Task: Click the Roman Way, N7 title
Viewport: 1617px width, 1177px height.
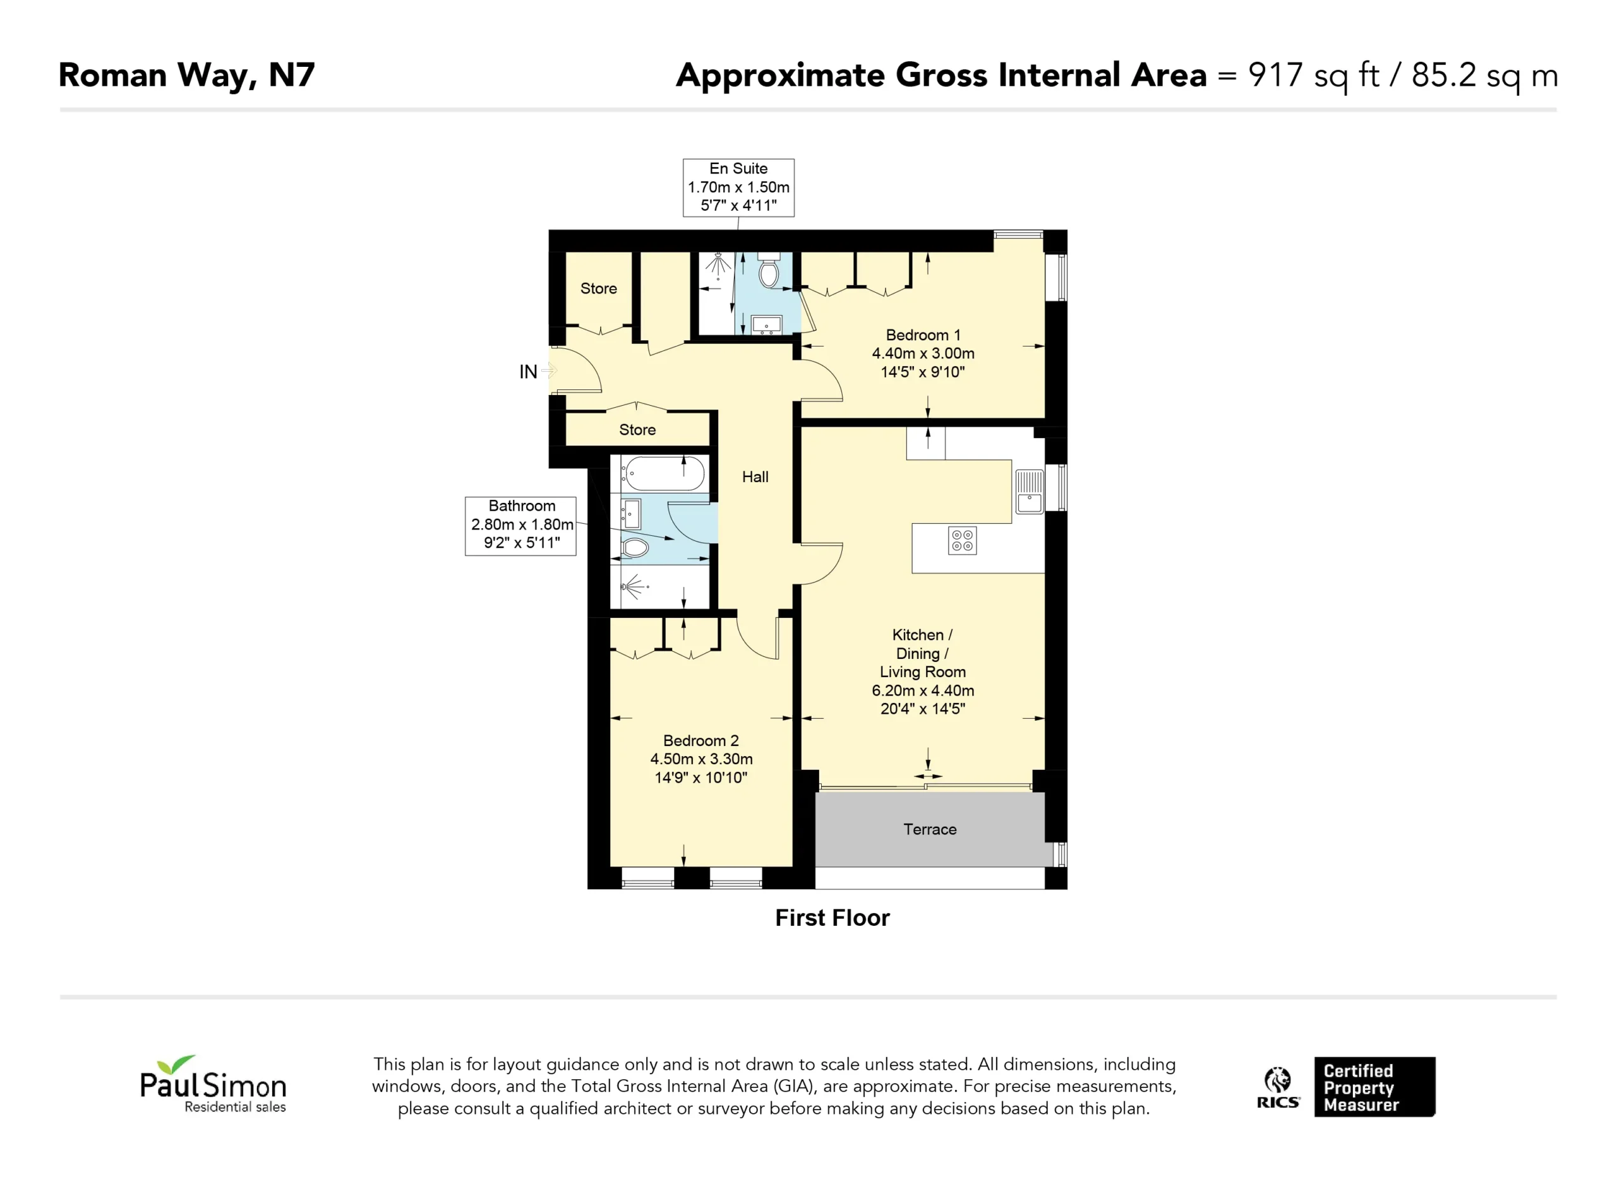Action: [x=187, y=76]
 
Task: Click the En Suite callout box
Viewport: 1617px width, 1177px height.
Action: [x=738, y=187]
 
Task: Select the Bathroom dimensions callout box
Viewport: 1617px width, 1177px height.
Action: [x=520, y=526]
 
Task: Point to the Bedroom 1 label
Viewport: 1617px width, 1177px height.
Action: [x=923, y=335]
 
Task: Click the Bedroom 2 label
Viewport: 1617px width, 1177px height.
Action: [x=701, y=740]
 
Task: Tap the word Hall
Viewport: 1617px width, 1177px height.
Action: [x=755, y=476]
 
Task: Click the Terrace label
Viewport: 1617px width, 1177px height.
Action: [x=930, y=829]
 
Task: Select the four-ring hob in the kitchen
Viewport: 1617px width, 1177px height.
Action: [x=963, y=541]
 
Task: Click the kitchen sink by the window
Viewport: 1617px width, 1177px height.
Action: [x=1029, y=492]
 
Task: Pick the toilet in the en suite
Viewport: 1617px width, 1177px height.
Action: [x=769, y=269]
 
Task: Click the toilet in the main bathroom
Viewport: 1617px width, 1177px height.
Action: [x=635, y=548]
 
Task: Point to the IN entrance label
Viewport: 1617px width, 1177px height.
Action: [x=527, y=371]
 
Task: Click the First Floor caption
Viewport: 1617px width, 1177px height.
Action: [x=832, y=918]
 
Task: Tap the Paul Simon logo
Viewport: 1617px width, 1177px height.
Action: [x=213, y=1084]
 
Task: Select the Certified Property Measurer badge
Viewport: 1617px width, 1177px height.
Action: [x=1374, y=1087]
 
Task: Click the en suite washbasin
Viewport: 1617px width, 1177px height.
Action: [x=766, y=325]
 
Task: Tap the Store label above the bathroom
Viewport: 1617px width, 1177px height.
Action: [x=637, y=430]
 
